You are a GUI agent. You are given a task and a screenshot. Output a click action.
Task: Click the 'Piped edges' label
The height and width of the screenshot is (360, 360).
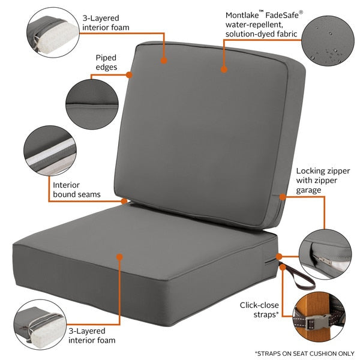coord(106,62)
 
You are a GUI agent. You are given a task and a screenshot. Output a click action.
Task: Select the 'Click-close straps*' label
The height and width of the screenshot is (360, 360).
coord(260,309)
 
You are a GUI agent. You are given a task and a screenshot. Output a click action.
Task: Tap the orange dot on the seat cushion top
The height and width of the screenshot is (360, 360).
coord(120,257)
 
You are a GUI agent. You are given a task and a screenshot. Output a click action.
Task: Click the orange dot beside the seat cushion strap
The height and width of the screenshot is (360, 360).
coord(279,256)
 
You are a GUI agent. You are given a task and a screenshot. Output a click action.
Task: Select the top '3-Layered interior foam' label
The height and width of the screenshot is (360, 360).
coord(106,23)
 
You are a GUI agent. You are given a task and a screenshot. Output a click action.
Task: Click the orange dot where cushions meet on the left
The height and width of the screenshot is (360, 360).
coord(124,200)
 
